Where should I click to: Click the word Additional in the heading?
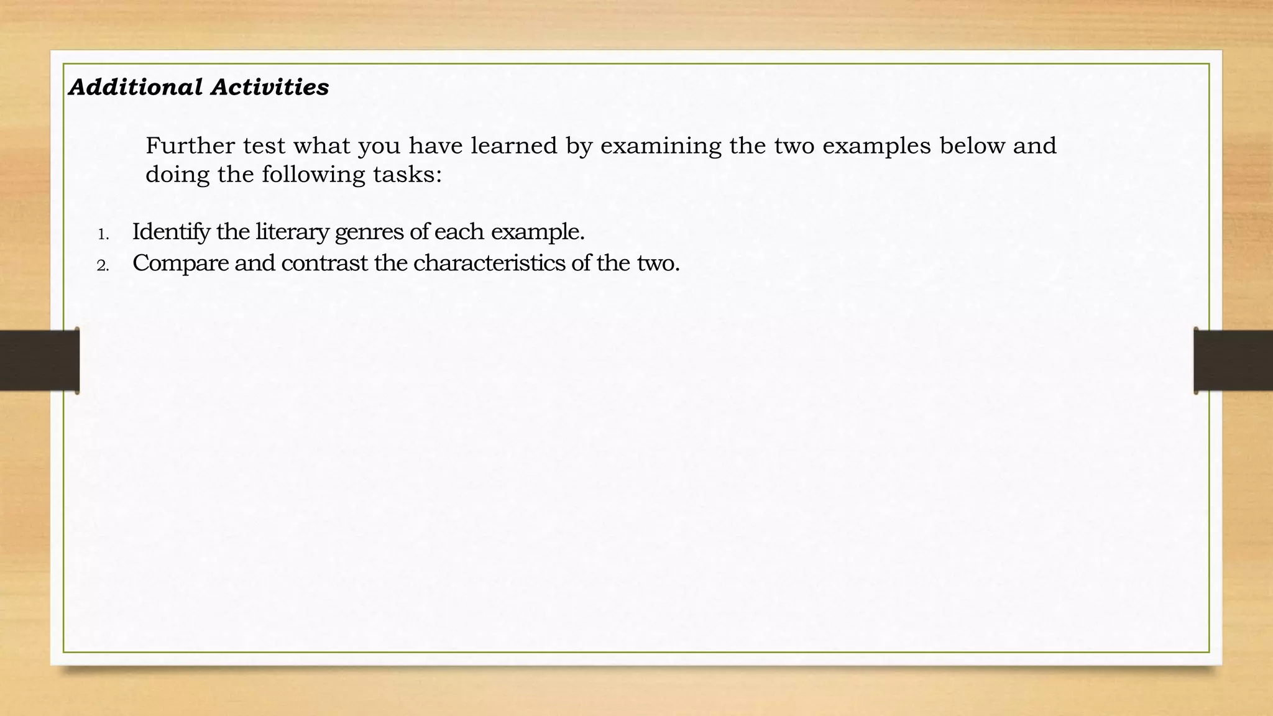(x=135, y=87)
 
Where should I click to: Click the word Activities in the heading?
(x=270, y=87)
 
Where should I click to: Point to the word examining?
(x=661, y=145)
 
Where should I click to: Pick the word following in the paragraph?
(x=313, y=175)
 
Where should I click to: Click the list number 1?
(x=103, y=235)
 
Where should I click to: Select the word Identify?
(x=171, y=232)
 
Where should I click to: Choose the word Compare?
(x=180, y=264)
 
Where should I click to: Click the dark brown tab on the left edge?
(x=39, y=360)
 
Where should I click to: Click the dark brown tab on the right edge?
(x=1233, y=360)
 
